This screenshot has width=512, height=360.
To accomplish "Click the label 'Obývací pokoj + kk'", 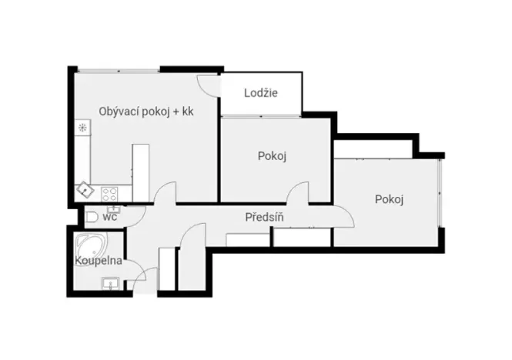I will pos(146,112).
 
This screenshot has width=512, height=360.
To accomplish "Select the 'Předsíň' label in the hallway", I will pos(265,218).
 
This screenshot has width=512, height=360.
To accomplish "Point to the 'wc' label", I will pos(109,217).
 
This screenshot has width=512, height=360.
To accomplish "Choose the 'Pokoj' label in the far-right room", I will pos(390,200).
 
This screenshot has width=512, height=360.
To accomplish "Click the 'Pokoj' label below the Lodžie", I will pos(272,156).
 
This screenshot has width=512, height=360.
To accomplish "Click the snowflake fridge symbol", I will pos(81,128).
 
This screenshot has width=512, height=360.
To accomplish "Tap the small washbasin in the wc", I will pos(115,207).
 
